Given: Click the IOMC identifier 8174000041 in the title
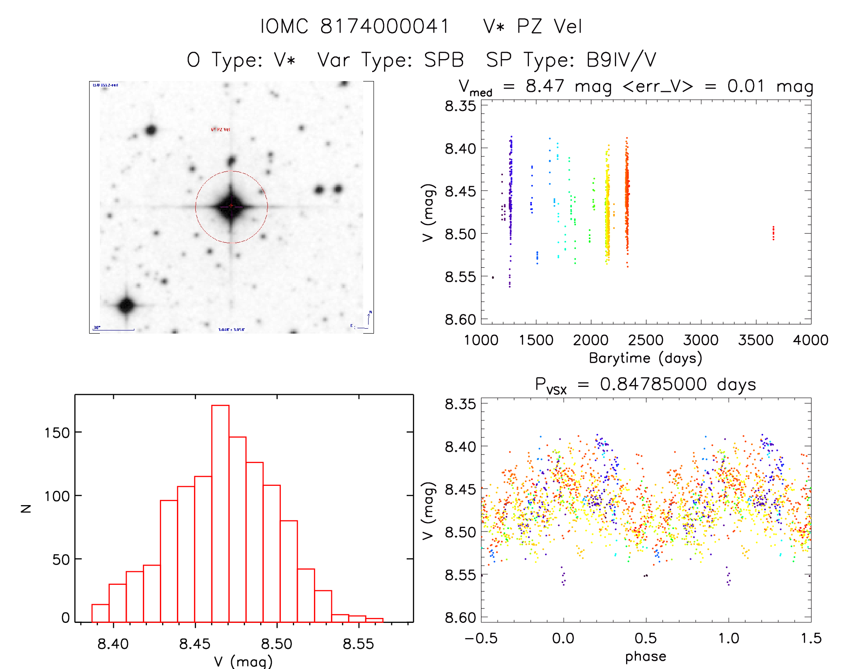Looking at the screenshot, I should (385, 26).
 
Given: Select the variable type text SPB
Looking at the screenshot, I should (444, 60).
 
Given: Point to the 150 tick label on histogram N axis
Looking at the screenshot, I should (57, 433).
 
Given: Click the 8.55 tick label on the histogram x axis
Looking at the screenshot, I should (358, 644).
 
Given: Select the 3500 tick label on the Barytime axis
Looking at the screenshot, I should (756, 340).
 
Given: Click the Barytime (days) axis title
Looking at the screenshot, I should (645, 358).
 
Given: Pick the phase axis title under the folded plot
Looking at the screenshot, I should (645, 656).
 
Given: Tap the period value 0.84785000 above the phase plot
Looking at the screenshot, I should (653, 384).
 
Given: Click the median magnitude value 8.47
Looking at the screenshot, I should (545, 86).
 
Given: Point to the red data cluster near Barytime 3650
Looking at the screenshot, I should (773, 233).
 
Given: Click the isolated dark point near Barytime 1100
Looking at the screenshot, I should (493, 278).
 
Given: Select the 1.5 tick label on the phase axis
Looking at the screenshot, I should (811, 639).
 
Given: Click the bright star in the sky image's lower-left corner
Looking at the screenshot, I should (126, 305).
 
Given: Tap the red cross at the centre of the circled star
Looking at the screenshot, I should (231, 206).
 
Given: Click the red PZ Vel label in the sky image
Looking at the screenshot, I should (220, 129).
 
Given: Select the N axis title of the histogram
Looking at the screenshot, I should (26, 508).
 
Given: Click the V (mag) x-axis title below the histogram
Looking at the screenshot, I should (243, 661).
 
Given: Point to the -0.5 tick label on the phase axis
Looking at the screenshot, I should (481, 639).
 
